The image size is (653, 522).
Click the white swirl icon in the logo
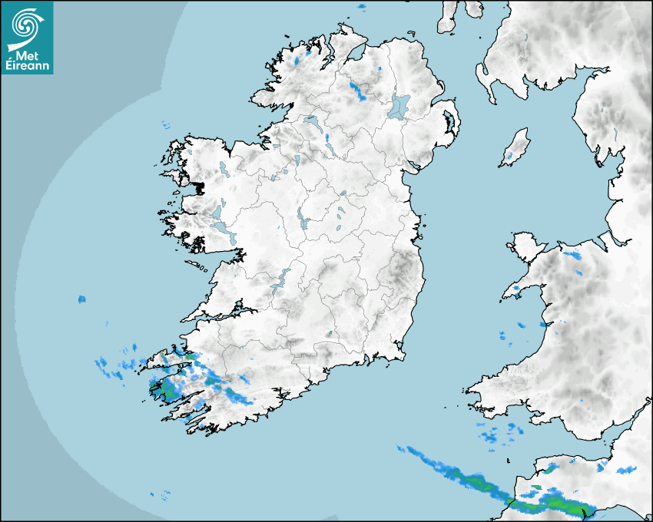pyautogui.click(x=26, y=25)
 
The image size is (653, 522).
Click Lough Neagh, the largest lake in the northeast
pyautogui.click(x=399, y=106)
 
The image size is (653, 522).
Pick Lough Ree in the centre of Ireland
pyautogui.click(x=303, y=221)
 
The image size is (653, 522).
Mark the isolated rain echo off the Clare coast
pyautogui.click(x=81, y=299)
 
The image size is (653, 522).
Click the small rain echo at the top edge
pyautogui.click(x=363, y=7)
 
